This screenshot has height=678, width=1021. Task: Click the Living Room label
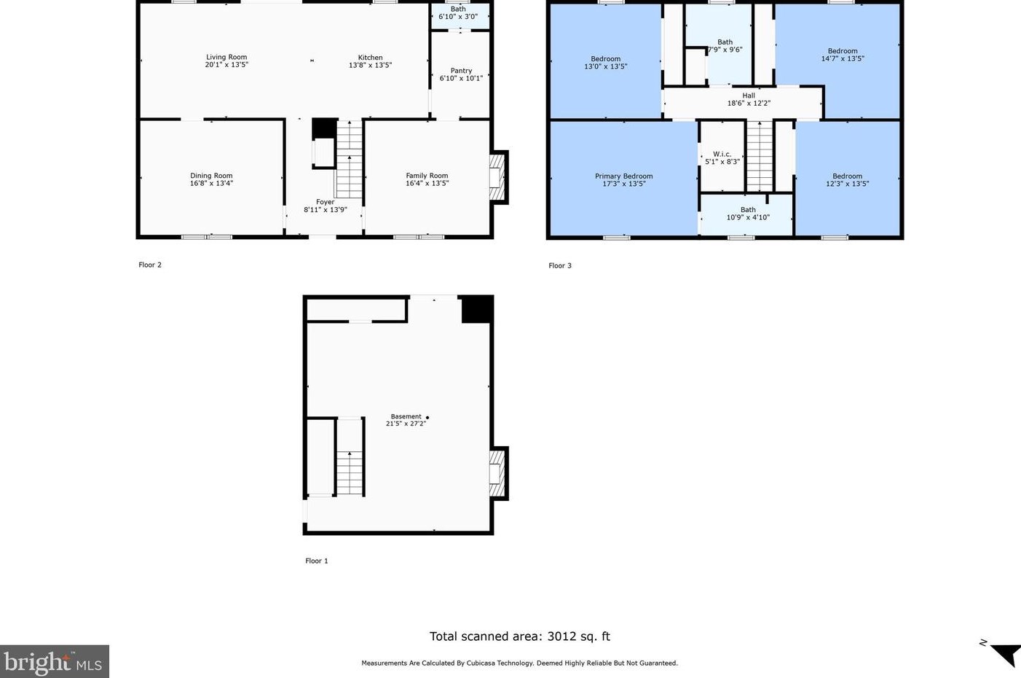click(226, 57)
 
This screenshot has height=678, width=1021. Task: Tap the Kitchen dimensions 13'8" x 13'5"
click(370, 65)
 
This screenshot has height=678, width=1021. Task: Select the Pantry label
click(461, 71)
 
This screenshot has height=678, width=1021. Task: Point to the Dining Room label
click(211, 176)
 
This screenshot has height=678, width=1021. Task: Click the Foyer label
click(326, 202)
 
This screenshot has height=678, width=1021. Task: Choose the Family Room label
click(427, 176)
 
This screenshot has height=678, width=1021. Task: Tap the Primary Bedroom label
click(623, 176)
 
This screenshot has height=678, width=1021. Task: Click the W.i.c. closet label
click(722, 155)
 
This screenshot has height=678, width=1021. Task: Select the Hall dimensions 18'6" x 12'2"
click(749, 103)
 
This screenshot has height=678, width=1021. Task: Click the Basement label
click(406, 416)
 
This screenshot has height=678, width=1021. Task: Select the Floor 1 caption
click(317, 561)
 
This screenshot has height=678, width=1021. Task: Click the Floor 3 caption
click(560, 265)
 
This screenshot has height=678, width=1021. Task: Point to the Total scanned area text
click(520, 636)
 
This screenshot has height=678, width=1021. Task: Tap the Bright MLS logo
click(54, 661)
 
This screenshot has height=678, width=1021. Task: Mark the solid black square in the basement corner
click(477, 309)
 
